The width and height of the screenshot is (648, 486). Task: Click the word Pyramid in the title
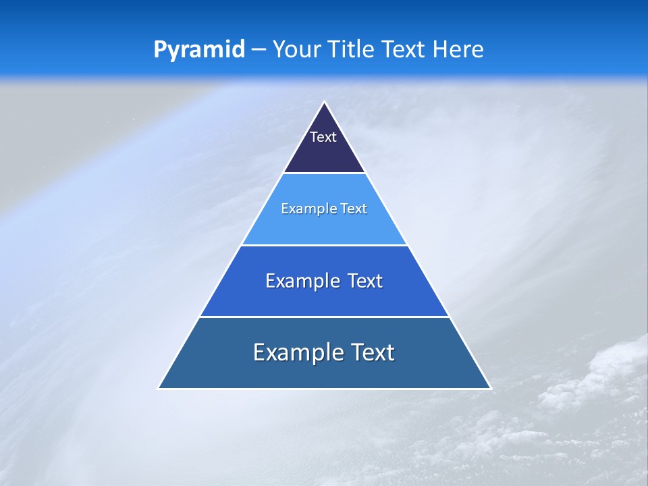pos(198,49)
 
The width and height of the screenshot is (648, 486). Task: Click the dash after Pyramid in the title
pos(259,50)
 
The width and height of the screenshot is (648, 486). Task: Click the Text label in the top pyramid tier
pos(323,137)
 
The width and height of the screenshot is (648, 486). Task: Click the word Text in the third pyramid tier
pos(364,281)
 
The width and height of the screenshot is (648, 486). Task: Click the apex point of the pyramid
pos(324,103)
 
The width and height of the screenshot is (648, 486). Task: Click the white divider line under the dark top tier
pos(324,173)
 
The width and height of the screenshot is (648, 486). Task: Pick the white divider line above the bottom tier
pos(324,317)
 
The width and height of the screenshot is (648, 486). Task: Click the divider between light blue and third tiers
pos(324,245)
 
